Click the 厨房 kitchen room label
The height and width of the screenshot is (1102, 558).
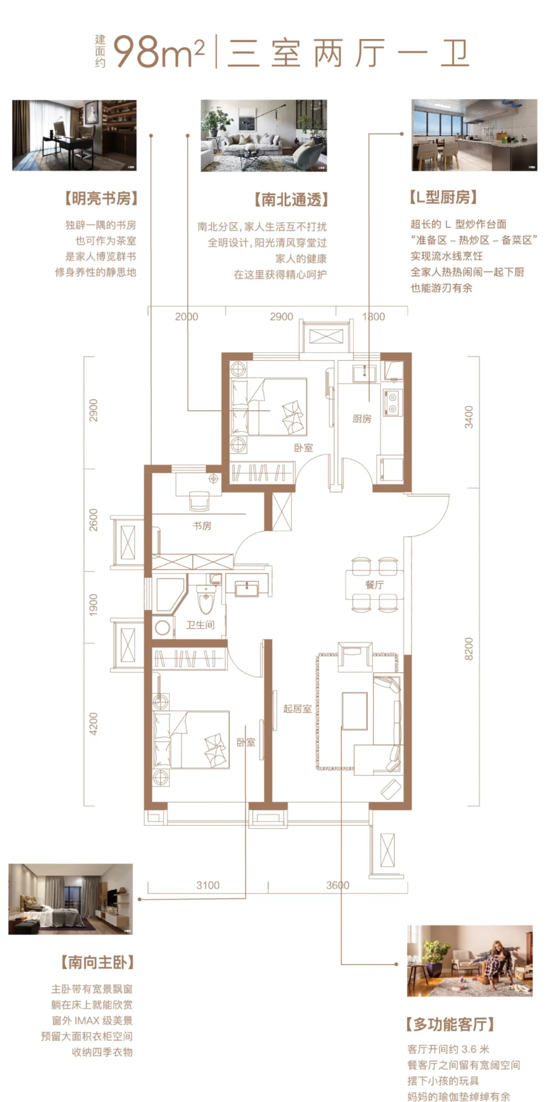(362, 419)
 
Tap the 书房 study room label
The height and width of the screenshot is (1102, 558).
(202, 526)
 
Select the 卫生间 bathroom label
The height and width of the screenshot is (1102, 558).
(200, 625)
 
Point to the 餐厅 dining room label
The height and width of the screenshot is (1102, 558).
(374, 585)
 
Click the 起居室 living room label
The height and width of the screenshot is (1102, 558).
(297, 709)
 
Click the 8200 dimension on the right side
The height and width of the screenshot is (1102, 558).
(469, 649)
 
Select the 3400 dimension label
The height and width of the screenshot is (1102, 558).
(469, 417)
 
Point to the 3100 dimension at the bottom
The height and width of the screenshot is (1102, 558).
(208, 885)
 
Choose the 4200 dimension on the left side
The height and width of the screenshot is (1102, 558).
(94, 724)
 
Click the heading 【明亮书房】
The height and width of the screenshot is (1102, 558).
(101, 198)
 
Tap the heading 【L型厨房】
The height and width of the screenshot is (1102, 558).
(443, 197)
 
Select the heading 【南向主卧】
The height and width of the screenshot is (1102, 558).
(98, 962)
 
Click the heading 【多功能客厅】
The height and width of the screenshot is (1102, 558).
(450, 1023)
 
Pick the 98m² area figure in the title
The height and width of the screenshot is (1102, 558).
(159, 52)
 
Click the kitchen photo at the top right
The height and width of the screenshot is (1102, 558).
(474, 135)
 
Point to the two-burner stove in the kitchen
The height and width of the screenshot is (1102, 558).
(392, 403)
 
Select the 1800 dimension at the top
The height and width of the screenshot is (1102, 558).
(374, 317)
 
